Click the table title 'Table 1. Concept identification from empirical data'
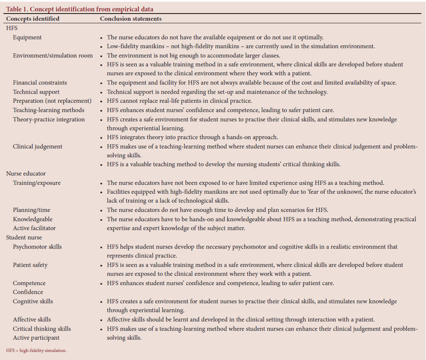coord(80,9)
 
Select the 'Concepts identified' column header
coord(33,19)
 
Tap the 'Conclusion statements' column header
coord(130,19)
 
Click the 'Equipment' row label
coord(28,37)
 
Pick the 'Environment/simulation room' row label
coord(53,55)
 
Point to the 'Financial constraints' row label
coord(40,82)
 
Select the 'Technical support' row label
coord(36,92)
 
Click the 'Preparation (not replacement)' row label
coord(52,101)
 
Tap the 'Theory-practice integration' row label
coord(49,119)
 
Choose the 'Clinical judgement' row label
coord(37,146)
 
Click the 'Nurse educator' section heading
coord(26,173)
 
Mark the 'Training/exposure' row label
coord(36,183)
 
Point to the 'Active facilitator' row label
coord(34,228)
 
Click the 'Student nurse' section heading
coord(24,237)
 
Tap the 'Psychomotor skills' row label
coord(37,247)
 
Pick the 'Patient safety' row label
coord(30,265)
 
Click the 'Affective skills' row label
coord(32,319)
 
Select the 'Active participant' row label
coord(36,338)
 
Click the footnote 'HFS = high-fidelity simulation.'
coord(36,350)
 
